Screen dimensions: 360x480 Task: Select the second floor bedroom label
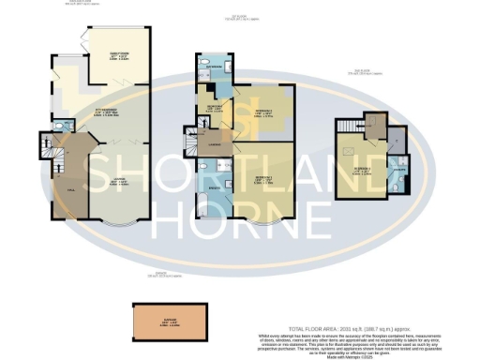(364, 171)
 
